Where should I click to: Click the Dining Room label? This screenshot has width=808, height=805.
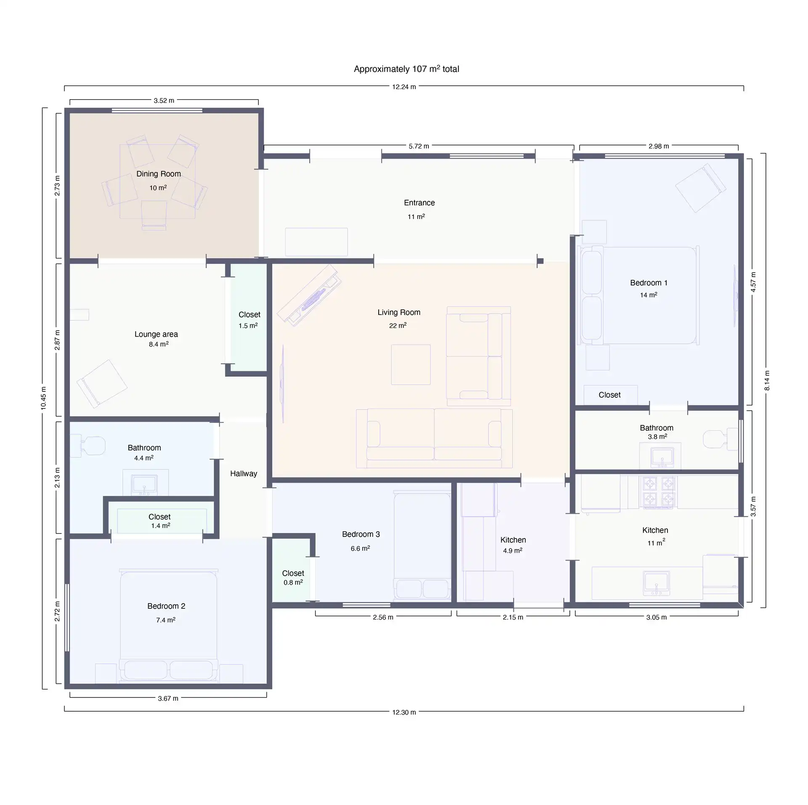tap(159, 174)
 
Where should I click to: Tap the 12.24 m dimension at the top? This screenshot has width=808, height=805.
tap(404, 87)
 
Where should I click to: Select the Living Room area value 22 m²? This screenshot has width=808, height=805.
tap(398, 325)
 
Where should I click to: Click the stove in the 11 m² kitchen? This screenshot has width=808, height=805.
tap(659, 491)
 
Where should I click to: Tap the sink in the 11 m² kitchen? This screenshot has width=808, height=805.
tap(656, 583)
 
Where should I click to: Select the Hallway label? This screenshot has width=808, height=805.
tap(244, 474)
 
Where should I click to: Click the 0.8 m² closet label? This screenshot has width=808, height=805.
tap(293, 578)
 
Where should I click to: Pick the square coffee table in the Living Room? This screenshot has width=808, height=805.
tap(411, 364)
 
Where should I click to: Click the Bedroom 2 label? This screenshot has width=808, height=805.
tap(166, 606)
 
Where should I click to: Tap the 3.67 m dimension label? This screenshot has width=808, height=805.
tap(168, 699)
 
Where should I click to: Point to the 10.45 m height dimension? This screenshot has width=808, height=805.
tap(44, 398)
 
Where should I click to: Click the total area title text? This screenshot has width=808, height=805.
tap(407, 69)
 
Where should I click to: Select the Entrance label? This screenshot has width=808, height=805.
tap(419, 203)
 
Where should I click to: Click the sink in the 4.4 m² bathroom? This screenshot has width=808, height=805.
tap(144, 484)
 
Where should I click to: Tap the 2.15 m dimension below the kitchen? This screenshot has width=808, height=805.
tap(513, 618)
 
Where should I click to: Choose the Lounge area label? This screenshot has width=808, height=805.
tap(156, 334)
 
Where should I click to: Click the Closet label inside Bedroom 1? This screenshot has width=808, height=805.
tap(609, 395)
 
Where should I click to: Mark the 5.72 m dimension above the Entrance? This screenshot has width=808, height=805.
tap(419, 146)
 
